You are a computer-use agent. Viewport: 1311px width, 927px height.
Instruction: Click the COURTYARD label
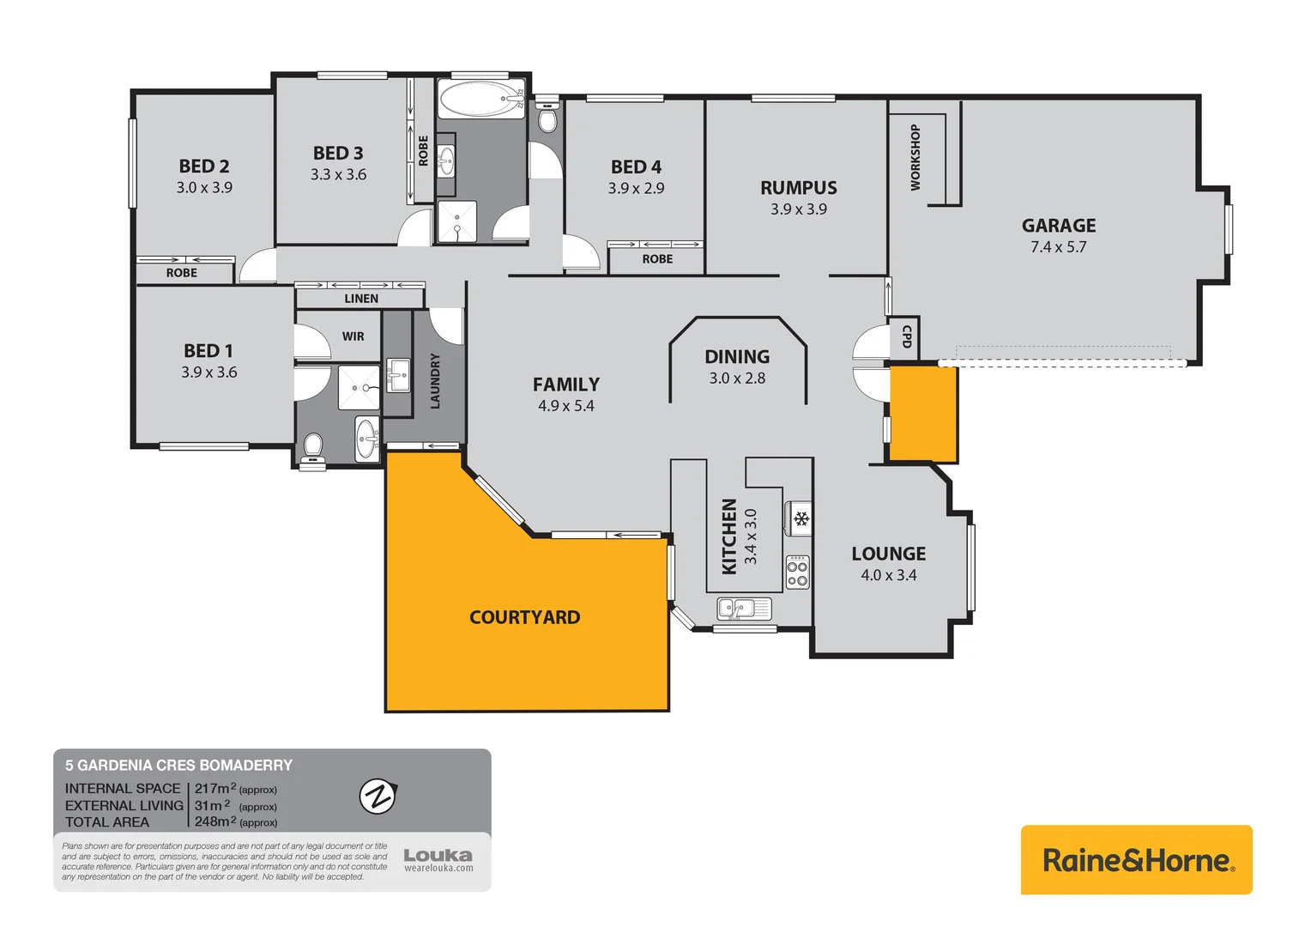click(x=524, y=617)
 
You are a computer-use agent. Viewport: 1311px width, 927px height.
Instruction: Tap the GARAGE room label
click(x=1058, y=226)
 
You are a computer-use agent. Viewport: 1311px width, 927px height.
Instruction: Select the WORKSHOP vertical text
click(x=915, y=157)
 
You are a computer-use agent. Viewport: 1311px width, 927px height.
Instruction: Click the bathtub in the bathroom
click(x=480, y=100)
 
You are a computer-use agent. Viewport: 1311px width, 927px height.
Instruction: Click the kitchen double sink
click(x=743, y=609)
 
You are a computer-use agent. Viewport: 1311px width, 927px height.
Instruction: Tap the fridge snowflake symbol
click(x=800, y=518)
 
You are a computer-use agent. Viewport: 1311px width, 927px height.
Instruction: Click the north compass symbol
click(x=378, y=797)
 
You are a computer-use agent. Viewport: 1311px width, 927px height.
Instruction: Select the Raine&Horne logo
click(x=1136, y=860)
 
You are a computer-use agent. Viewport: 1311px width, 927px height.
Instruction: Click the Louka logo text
click(x=438, y=855)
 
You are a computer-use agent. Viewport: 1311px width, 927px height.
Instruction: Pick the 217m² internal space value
click(x=214, y=788)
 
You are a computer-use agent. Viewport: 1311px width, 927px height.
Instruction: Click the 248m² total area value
click(x=214, y=821)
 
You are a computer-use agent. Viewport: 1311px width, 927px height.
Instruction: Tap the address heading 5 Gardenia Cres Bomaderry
click(x=178, y=765)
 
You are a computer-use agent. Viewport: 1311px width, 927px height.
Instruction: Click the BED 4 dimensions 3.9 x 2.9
click(x=636, y=189)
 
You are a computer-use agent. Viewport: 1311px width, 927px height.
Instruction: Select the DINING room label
click(x=737, y=356)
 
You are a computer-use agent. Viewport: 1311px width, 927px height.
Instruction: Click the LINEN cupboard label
click(x=361, y=299)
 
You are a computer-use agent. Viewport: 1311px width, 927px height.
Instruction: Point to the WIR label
click(x=353, y=336)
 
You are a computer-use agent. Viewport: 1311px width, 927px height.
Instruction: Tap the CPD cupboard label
click(x=906, y=336)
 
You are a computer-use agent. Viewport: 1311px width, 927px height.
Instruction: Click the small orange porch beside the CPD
click(x=922, y=414)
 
